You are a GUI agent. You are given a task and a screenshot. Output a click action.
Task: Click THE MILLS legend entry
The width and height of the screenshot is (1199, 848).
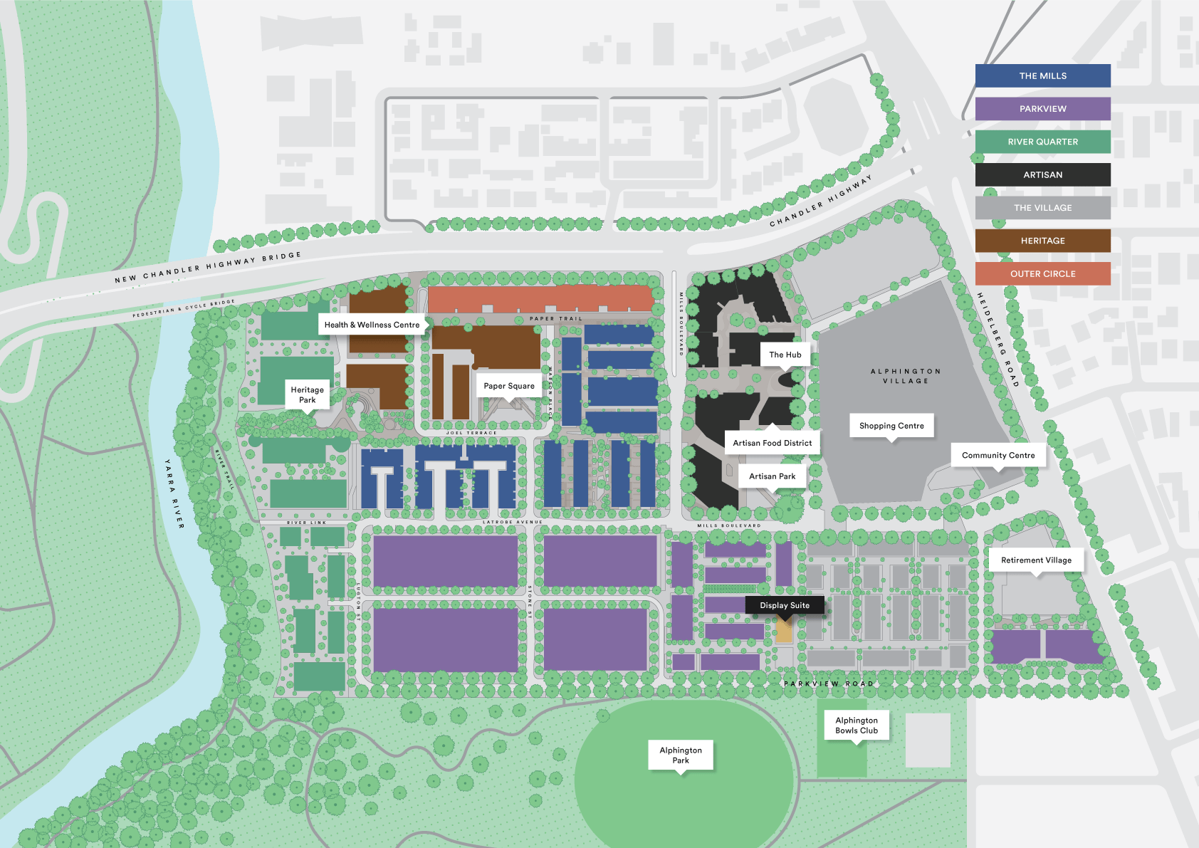(1042, 76)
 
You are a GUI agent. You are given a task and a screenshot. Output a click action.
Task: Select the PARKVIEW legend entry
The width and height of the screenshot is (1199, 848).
(1042, 109)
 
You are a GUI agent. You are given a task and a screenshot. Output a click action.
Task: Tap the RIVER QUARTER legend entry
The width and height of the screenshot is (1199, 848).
(1042, 142)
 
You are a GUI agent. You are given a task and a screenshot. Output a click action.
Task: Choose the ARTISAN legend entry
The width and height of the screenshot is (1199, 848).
(1042, 175)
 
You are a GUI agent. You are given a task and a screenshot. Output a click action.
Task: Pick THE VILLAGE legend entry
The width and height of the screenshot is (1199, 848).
(1042, 208)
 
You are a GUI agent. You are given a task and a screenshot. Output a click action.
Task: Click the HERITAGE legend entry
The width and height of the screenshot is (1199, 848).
(1042, 241)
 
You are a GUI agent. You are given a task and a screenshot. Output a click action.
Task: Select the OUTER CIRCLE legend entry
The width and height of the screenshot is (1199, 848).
(1042, 274)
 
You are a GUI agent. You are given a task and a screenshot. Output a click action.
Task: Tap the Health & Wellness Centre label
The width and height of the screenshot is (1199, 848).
(372, 325)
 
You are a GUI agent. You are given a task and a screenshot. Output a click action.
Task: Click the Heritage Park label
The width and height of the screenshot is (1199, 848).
(307, 394)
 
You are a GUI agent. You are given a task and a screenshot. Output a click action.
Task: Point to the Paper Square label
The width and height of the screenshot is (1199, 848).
(509, 386)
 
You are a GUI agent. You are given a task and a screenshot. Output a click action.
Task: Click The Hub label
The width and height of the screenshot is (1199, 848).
(785, 355)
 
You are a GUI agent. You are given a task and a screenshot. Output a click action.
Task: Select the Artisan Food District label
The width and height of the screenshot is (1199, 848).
(772, 443)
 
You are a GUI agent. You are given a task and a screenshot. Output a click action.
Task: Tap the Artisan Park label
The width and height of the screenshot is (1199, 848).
(772, 476)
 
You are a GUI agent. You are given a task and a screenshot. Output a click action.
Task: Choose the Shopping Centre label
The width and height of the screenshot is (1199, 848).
(891, 426)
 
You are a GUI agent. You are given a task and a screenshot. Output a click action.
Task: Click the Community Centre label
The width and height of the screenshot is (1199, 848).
(998, 456)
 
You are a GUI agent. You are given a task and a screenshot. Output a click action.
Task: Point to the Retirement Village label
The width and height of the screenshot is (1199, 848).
(1036, 560)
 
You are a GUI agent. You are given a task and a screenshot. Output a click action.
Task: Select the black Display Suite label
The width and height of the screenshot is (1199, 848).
(784, 605)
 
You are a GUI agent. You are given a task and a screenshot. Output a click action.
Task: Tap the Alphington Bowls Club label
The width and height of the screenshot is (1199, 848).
(857, 726)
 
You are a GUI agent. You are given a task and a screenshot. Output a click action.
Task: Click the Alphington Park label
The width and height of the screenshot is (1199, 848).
(681, 755)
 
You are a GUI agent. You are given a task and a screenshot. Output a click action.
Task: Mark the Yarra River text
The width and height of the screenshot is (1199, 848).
(174, 493)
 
